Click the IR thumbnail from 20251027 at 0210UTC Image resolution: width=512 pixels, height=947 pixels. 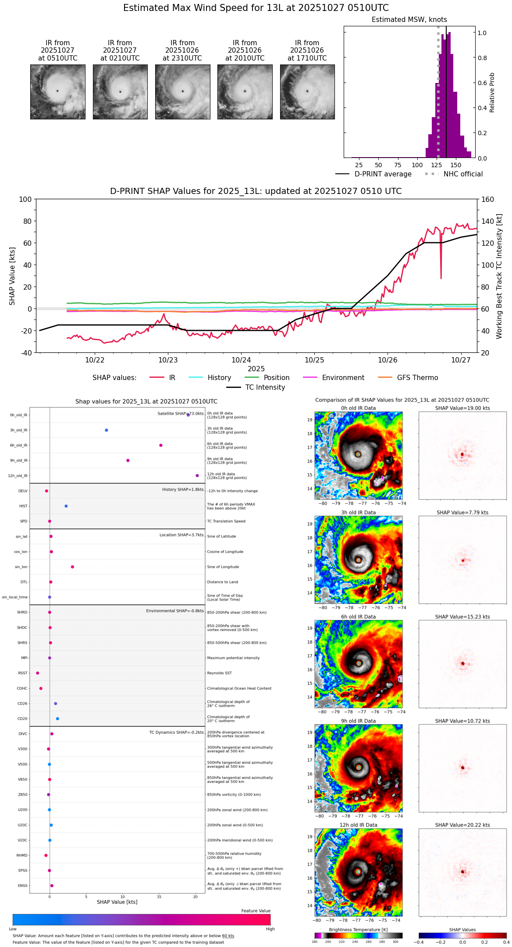120,92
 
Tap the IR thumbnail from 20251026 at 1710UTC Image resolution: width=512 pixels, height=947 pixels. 307,92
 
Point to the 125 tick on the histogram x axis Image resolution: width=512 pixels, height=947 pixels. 436,165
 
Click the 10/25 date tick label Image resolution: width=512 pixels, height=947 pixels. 314,360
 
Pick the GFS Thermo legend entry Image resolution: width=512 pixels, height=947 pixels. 417,378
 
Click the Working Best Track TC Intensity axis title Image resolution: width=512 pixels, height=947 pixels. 499,276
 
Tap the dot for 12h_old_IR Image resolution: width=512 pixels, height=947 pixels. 197,476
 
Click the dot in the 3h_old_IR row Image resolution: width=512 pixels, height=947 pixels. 107,430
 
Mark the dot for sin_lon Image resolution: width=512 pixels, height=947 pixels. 72,567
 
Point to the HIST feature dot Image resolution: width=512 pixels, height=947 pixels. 66,506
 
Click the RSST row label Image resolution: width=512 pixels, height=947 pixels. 22,673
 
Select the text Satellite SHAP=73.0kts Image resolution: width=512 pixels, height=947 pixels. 181,414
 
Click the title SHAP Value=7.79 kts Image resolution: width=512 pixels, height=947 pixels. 462,513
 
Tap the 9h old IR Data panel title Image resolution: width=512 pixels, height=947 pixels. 358,721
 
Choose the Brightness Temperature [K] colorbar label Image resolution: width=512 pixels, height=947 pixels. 358,930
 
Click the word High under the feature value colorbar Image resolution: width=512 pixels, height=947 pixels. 270,929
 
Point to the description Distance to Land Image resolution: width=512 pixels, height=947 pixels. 222,582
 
